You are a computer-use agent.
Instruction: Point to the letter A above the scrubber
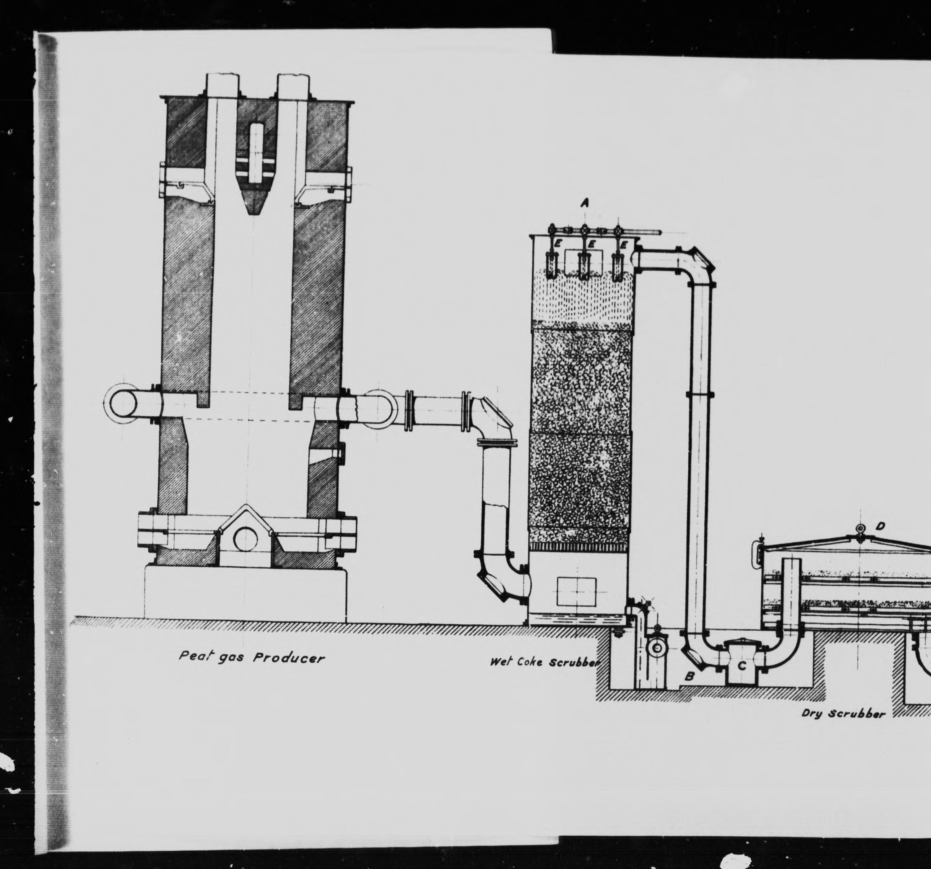[584, 203]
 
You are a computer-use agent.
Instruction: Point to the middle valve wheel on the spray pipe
[584, 230]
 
